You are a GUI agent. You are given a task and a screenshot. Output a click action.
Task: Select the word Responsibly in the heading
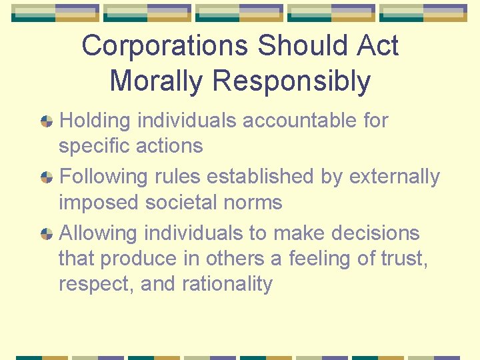tap(291, 81)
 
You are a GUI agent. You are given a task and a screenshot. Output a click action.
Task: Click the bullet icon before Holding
tap(47, 121)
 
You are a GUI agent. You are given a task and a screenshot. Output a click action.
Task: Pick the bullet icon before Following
tap(47, 177)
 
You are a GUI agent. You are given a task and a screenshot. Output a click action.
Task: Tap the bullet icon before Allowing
tap(47, 234)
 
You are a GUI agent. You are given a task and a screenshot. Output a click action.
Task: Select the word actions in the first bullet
tap(170, 145)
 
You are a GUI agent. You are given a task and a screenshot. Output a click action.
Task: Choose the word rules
tap(178, 177)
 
